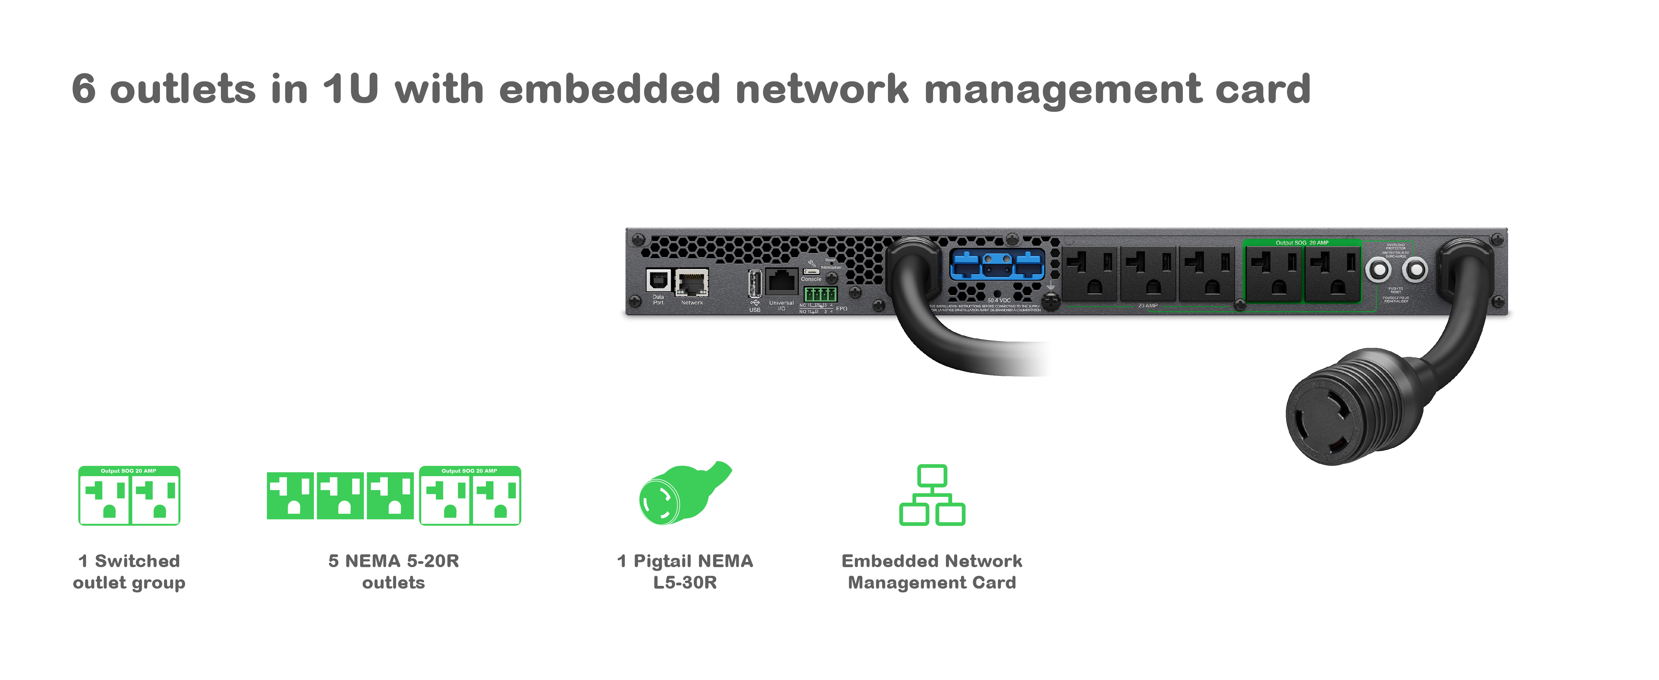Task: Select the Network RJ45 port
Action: point(692,282)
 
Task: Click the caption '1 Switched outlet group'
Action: point(129,571)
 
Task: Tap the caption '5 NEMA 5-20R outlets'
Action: point(394,571)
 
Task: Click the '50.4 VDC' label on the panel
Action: point(999,300)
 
